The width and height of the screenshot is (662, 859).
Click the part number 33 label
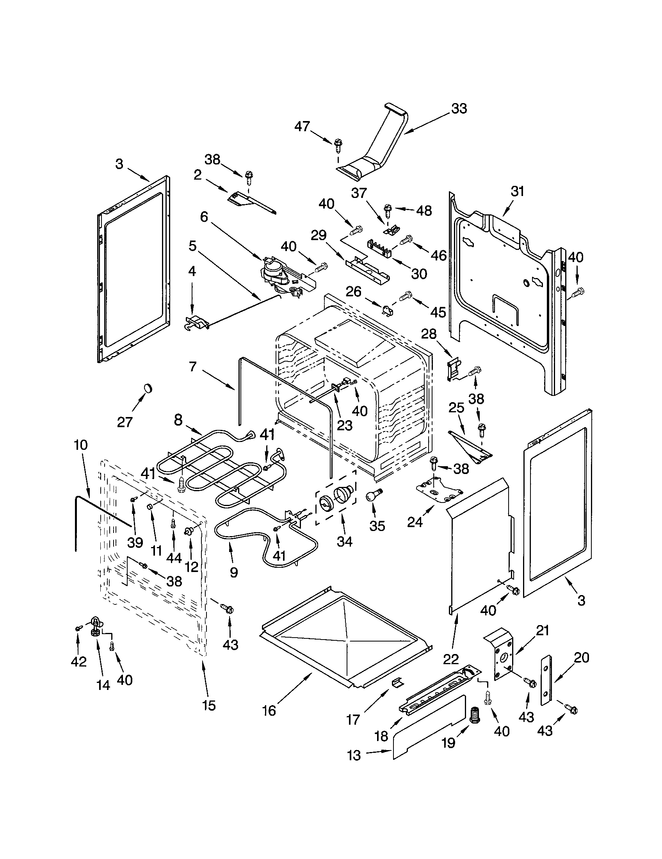(459, 109)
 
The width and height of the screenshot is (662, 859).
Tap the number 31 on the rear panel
(517, 192)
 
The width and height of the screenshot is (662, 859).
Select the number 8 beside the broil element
(178, 421)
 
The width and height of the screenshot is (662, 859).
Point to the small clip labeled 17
(397, 684)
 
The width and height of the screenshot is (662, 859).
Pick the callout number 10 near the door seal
(80, 446)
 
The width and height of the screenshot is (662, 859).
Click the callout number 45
(438, 313)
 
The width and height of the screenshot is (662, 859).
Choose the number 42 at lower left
(78, 661)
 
